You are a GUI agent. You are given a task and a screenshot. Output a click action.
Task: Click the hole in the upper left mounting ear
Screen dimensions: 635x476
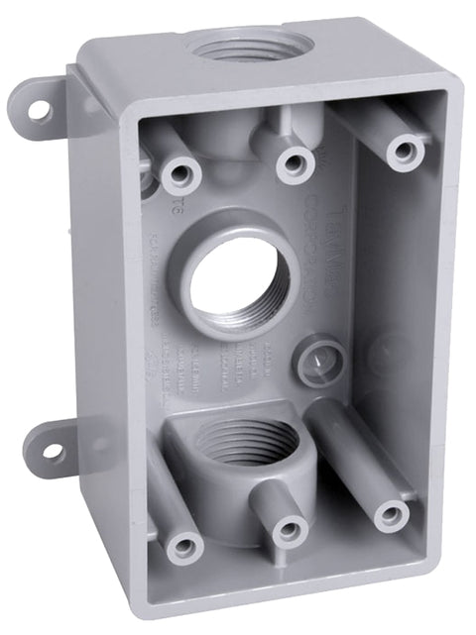[x=38, y=109]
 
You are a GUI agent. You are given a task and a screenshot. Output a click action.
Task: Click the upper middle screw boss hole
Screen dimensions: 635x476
[x=294, y=160]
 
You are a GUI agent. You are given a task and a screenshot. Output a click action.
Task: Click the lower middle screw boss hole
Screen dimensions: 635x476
[x=287, y=528]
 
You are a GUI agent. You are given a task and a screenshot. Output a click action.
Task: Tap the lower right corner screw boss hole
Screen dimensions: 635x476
[x=390, y=514]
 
